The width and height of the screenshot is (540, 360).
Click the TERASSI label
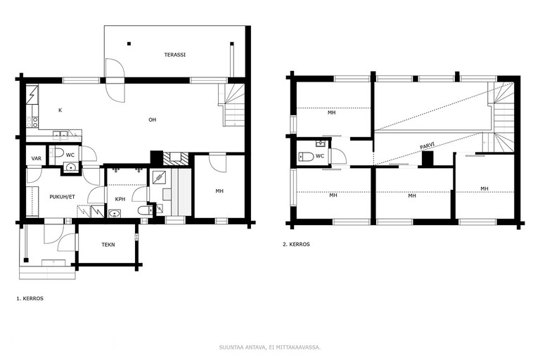click(x=174, y=54)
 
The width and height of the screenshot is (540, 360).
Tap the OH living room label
click(x=152, y=120)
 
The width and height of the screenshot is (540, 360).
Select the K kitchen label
click(x=60, y=110)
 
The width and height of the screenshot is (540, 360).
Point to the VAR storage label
click(x=36, y=158)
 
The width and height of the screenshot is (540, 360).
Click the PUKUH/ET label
click(x=62, y=197)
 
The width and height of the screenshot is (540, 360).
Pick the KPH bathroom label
click(x=120, y=199)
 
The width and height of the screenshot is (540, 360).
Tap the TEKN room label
click(x=108, y=245)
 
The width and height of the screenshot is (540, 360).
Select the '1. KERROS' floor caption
click(x=30, y=299)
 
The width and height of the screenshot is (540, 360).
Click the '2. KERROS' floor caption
click(x=296, y=244)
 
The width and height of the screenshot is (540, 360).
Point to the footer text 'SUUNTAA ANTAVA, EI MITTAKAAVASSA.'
click(x=270, y=347)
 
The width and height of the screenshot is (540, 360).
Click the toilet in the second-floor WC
click(x=306, y=157)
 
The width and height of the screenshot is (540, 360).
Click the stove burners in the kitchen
click(x=34, y=122)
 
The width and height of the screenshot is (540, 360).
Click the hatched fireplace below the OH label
click(x=176, y=158)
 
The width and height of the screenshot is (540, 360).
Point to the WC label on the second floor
click(x=320, y=156)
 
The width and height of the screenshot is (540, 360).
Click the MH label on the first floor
click(x=219, y=191)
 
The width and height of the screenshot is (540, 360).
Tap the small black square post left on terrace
click(x=129, y=44)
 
